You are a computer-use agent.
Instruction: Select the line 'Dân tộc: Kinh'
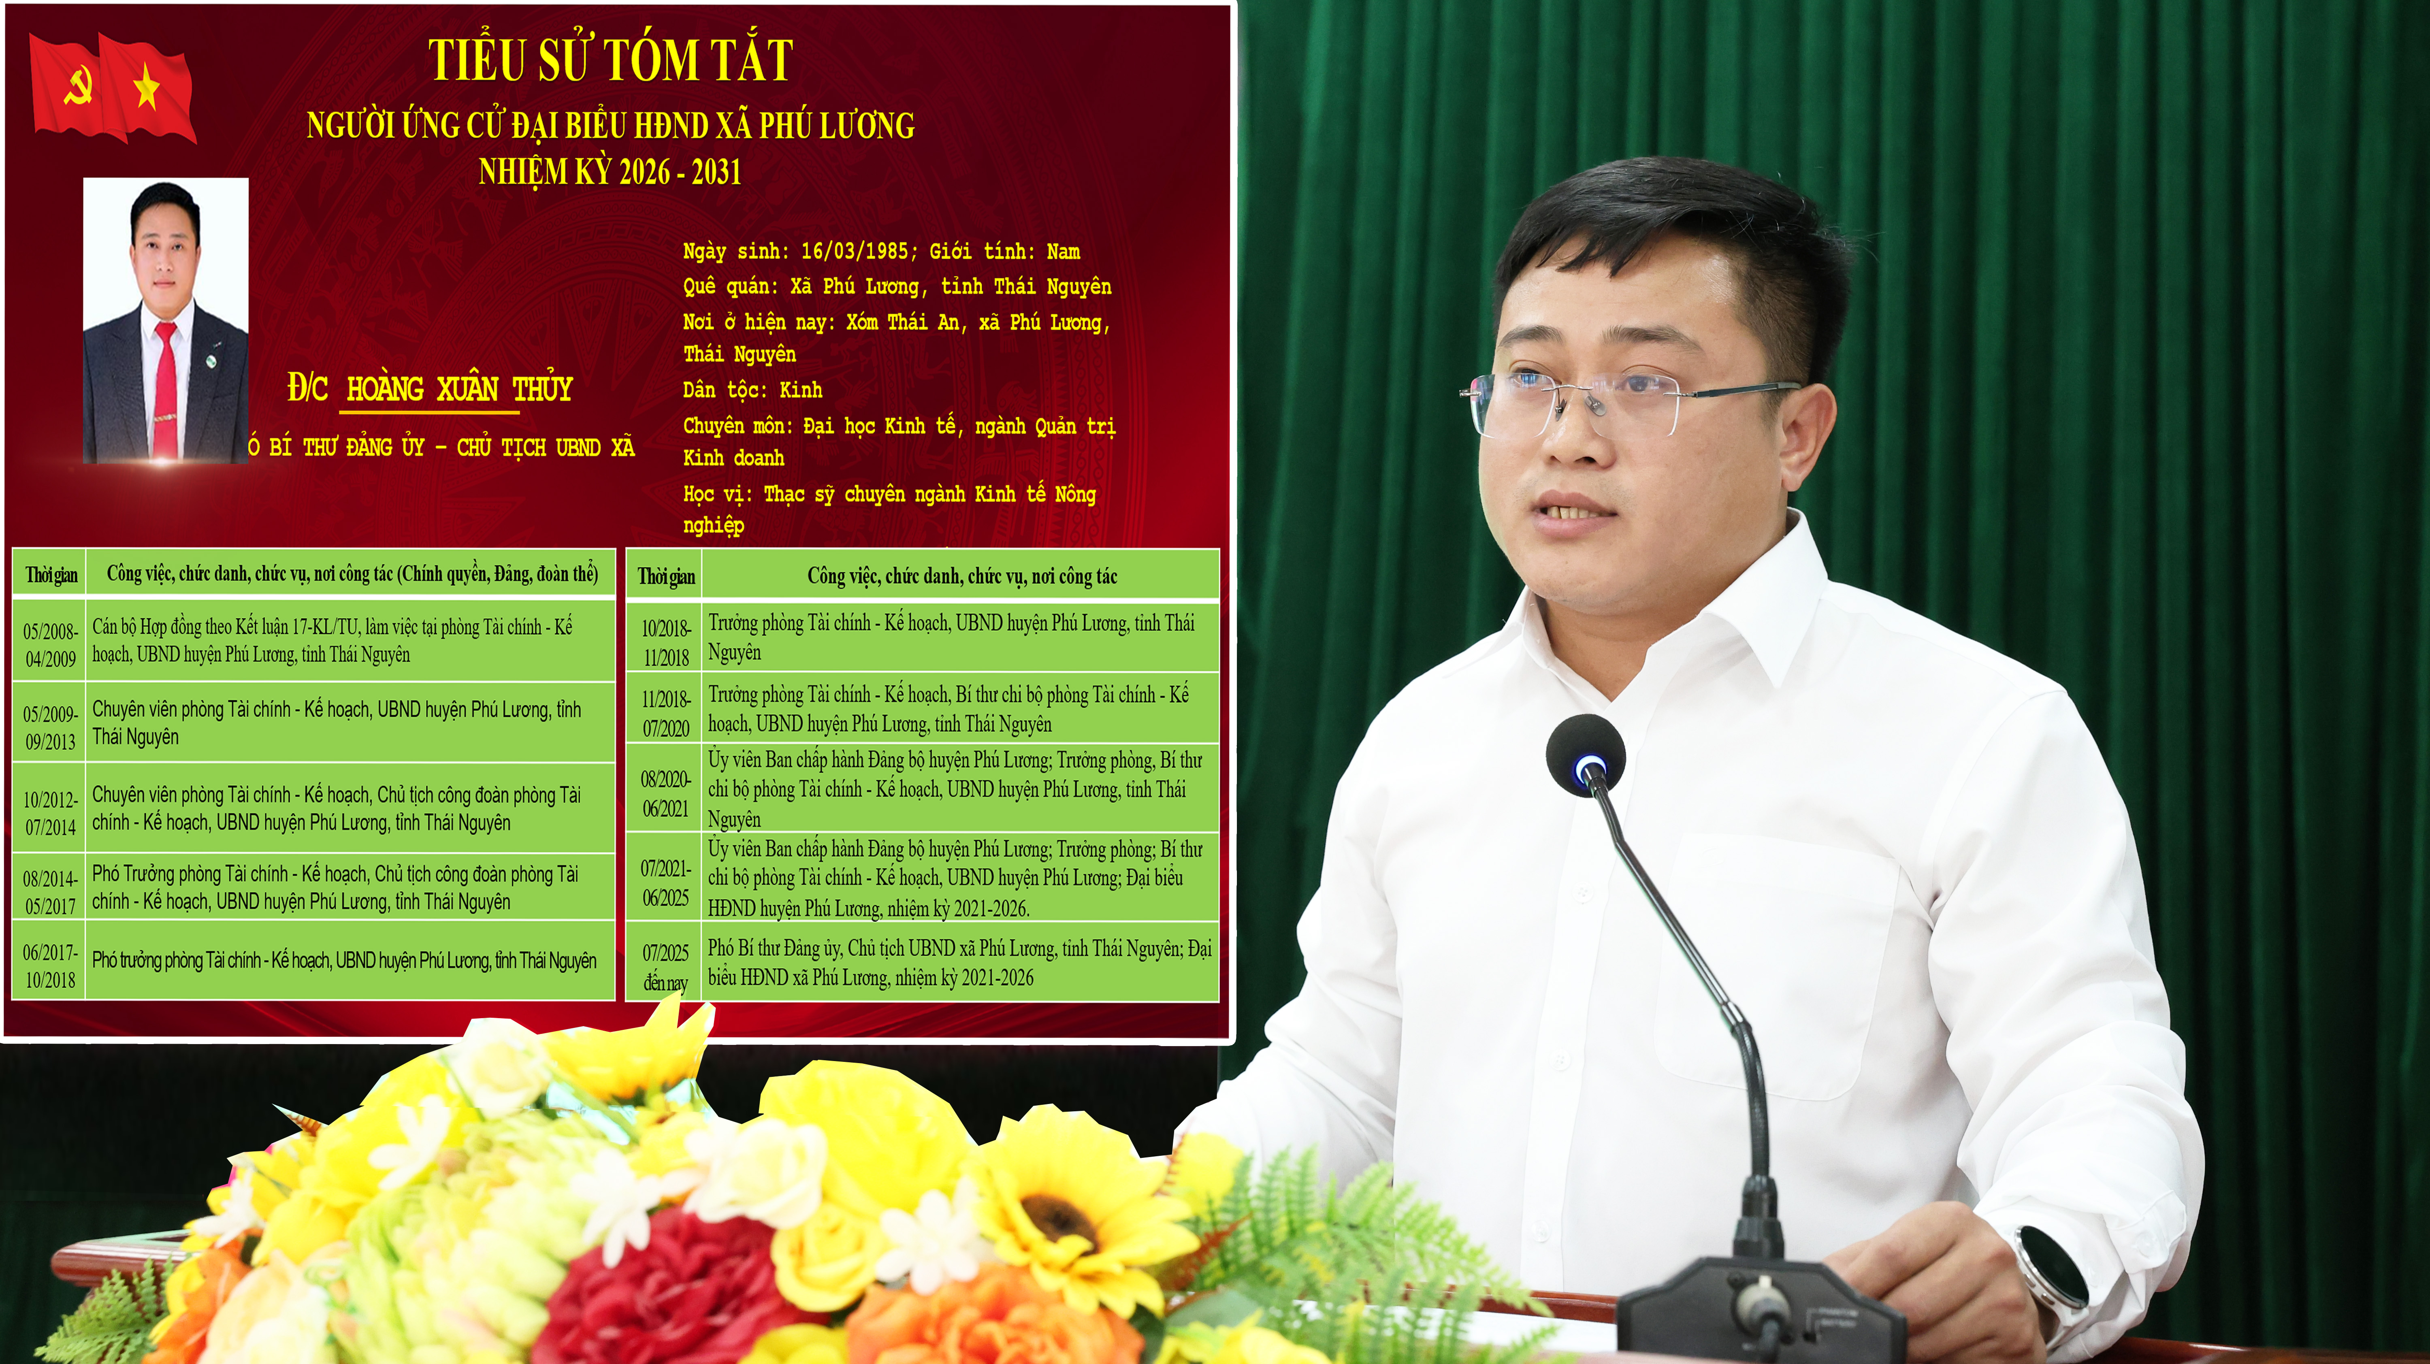[752, 390]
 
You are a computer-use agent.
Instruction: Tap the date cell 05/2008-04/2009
[50, 644]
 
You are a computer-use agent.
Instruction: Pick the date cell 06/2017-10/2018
[50, 966]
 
